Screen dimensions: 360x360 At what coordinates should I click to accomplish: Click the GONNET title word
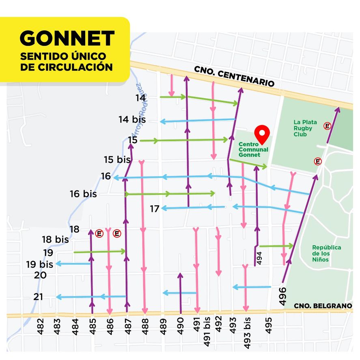click(67, 39)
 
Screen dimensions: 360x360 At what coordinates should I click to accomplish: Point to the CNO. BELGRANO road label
click(323, 306)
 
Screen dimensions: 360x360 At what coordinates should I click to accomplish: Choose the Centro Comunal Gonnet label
click(253, 149)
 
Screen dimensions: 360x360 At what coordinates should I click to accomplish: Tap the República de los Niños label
click(326, 253)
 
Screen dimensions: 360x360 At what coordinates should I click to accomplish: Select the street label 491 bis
click(207, 334)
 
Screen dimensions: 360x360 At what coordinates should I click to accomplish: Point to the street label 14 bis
click(132, 120)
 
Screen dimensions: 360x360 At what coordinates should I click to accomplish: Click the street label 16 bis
click(83, 194)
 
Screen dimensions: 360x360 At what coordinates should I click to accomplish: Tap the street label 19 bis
click(40, 265)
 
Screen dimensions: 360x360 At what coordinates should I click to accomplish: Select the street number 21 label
click(38, 297)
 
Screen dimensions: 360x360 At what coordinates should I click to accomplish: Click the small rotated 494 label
click(259, 258)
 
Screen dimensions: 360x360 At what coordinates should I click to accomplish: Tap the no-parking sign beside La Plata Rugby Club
click(327, 126)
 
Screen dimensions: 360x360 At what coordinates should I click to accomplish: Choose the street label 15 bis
click(117, 160)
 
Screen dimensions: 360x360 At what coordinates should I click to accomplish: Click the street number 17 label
click(154, 209)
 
